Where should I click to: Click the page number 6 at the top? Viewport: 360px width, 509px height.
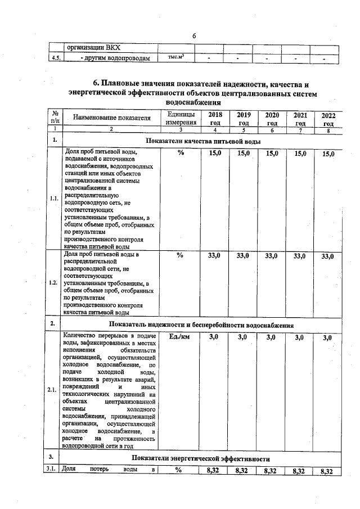click(x=193, y=36)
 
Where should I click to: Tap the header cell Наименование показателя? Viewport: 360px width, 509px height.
click(x=111, y=118)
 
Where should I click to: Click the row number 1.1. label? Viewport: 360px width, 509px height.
click(x=54, y=199)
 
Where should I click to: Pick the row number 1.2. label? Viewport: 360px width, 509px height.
click(x=54, y=282)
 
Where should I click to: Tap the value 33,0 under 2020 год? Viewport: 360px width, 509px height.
click(x=271, y=256)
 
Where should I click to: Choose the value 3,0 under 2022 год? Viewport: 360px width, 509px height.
click(x=328, y=337)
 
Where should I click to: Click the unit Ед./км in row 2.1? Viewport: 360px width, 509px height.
click(x=181, y=337)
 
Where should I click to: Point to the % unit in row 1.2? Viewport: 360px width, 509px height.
click(x=181, y=255)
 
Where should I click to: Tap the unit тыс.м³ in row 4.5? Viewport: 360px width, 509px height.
click(x=177, y=57)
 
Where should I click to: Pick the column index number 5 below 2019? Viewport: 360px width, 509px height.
click(x=243, y=130)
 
